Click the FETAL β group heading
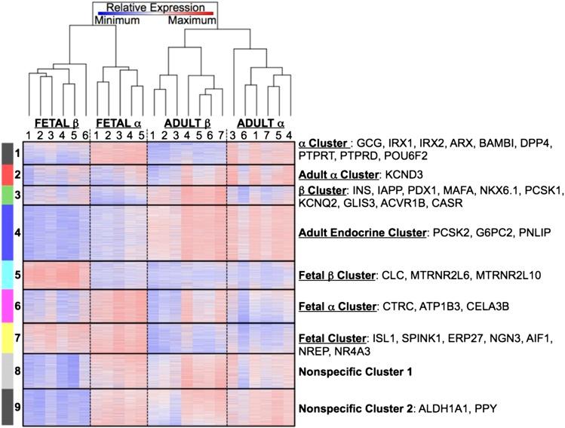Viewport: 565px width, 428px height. coord(57,122)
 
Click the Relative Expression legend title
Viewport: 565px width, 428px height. coord(152,8)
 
